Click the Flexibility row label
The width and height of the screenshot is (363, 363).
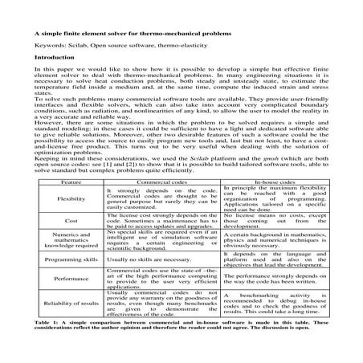pyautogui.click(x=71, y=199)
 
